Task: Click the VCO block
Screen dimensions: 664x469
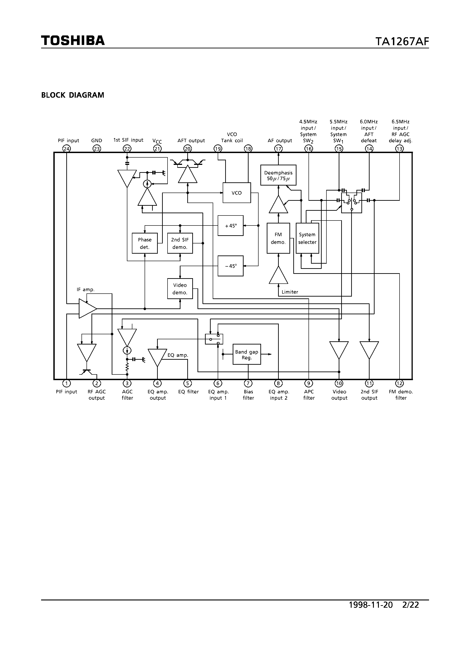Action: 237,193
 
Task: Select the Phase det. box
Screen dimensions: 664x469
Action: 145,243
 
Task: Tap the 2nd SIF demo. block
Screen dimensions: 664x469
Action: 180,243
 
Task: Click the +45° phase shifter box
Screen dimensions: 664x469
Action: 230,225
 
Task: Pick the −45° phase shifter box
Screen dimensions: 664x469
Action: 230,266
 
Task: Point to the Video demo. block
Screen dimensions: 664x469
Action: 180,289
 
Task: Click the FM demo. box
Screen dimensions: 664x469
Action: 278,238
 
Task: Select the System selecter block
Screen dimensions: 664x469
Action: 307,238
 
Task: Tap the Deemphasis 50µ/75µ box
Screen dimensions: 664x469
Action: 278,175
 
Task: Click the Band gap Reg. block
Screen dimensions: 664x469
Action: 247,354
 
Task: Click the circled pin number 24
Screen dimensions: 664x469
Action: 67,149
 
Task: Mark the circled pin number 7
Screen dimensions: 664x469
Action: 248,384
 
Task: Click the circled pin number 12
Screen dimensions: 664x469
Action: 399,384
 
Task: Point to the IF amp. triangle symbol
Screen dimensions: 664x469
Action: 86,309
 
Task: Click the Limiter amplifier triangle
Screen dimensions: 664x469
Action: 278,276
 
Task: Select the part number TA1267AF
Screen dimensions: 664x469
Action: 402,42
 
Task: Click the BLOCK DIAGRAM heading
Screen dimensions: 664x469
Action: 73,95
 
